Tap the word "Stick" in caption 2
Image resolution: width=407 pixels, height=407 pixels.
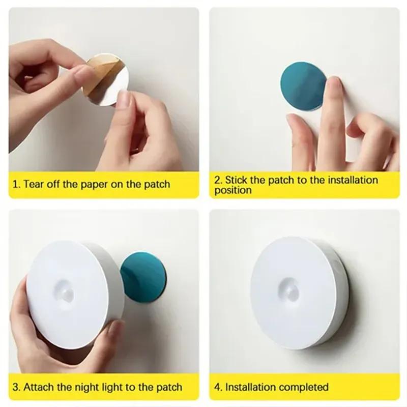tap(237, 180)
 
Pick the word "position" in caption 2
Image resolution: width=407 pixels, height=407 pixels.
tap(232, 190)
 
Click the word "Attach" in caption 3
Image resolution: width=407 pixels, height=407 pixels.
tap(39, 388)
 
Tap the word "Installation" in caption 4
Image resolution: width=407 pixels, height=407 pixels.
tap(250, 388)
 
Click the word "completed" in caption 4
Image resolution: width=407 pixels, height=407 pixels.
tap(303, 388)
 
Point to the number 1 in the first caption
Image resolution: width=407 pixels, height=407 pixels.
tap(15, 184)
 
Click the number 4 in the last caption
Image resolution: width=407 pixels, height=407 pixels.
tap(217, 388)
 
